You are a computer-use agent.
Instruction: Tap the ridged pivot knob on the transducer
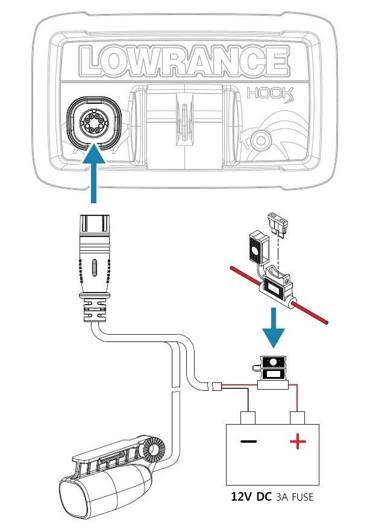click(155, 450)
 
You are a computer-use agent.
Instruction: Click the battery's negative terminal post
click(248, 417)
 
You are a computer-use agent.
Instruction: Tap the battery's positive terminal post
click(297, 417)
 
